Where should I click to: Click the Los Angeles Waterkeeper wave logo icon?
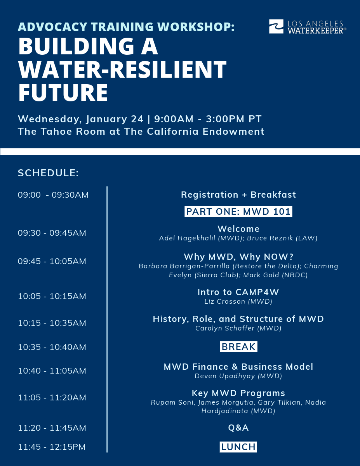(x=277, y=27)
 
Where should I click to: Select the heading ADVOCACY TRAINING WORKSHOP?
(x=126, y=27)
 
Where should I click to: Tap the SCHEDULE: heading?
(x=49, y=173)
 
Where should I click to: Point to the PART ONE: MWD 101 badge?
(x=238, y=212)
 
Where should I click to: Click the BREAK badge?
(x=238, y=347)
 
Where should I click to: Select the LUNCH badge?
(x=238, y=447)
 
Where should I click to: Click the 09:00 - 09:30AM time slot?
(x=53, y=195)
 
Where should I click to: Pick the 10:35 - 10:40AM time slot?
(x=52, y=347)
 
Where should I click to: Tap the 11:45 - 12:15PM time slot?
(x=52, y=447)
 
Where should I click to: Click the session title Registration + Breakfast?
(x=238, y=195)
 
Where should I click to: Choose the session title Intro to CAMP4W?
(x=238, y=292)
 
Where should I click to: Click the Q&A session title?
(x=238, y=428)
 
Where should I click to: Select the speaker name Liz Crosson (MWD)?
(x=238, y=301)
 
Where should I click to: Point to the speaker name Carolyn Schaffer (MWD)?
(x=238, y=329)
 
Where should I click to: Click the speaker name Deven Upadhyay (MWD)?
(x=238, y=376)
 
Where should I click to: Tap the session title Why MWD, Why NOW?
(x=238, y=257)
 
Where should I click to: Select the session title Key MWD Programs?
(x=238, y=393)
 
